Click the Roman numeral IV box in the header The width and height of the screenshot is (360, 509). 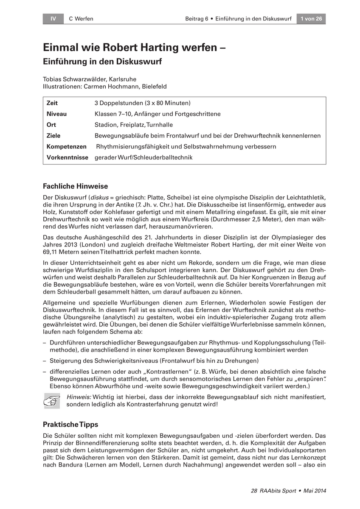53,19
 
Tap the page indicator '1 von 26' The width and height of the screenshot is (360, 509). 311,19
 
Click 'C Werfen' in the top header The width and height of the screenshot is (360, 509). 81,19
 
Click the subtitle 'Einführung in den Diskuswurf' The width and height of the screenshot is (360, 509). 102,61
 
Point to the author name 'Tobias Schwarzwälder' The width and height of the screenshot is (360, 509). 75,79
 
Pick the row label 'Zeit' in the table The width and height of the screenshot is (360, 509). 52,103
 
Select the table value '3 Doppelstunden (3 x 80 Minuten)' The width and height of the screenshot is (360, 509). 142,103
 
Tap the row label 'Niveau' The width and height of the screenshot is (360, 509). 56,114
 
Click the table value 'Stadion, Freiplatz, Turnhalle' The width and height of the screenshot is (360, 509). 134,125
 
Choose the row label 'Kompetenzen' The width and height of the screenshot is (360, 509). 66,147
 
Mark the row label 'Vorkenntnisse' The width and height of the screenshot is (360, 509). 67,158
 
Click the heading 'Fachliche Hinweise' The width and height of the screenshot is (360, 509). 76,186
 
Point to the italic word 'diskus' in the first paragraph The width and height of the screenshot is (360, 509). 96,198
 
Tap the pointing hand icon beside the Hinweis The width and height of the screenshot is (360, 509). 52,400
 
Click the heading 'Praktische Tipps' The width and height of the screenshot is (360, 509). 70,424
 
